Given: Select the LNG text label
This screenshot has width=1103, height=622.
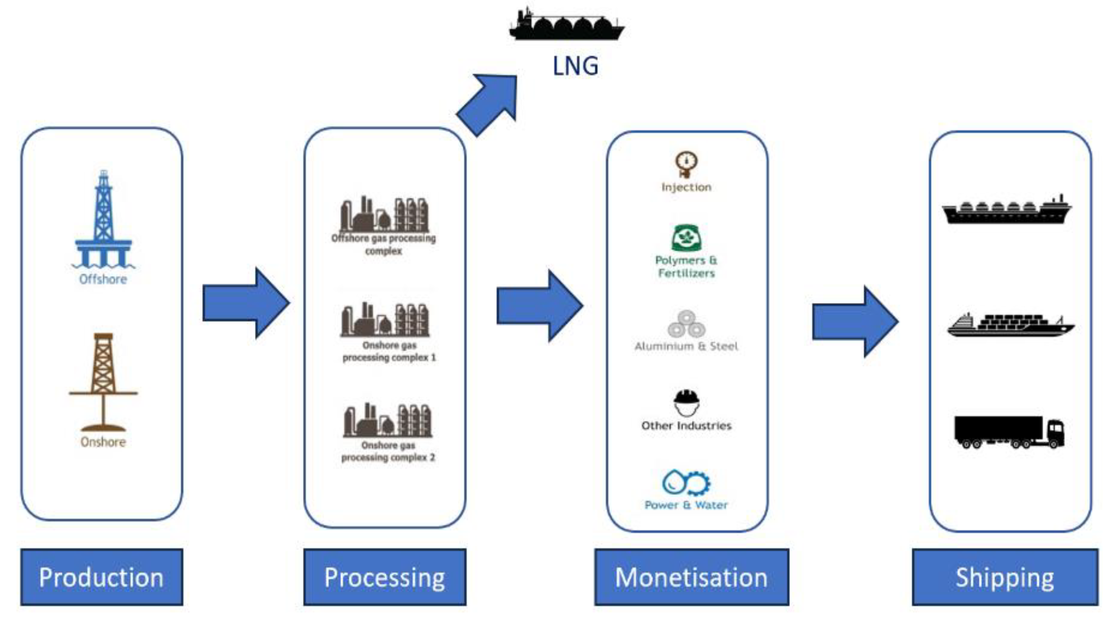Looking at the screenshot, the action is pyautogui.click(x=575, y=67).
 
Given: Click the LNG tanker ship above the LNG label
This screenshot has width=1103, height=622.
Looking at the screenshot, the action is pyautogui.click(x=566, y=25).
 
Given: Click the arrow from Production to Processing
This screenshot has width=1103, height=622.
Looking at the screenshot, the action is pyautogui.click(x=246, y=303).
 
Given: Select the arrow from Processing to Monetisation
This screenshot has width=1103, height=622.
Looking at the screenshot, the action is pyautogui.click(x=540, y=305).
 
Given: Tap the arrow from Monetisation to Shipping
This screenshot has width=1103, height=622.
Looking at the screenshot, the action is pyautogui.click(x=855, y=321).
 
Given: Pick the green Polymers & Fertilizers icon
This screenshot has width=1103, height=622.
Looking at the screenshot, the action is pyautogui.click(x=686, y=238).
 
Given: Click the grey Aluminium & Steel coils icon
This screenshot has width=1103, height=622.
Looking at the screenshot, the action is pyautogui.click(x=686, y=324).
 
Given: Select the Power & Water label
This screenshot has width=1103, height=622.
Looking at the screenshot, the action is pyautogui.click(x=686, y=505).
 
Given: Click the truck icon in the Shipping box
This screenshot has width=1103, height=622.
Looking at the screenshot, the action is pyautogui.click(x=1009, y=432).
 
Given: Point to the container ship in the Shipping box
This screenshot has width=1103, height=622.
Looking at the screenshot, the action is pyautogui.click(x=1010, y=325).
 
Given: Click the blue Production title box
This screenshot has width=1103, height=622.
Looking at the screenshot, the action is pyautogui.click(x=102, y=577).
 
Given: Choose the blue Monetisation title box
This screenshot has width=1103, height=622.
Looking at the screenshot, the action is pyautogui.click(x=691, y=577).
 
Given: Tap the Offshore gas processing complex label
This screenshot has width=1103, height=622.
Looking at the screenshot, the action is pyautogui.click(x=384, y=245).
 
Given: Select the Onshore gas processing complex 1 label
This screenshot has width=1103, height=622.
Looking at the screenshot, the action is pyautogui.click(x=389, y=351).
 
